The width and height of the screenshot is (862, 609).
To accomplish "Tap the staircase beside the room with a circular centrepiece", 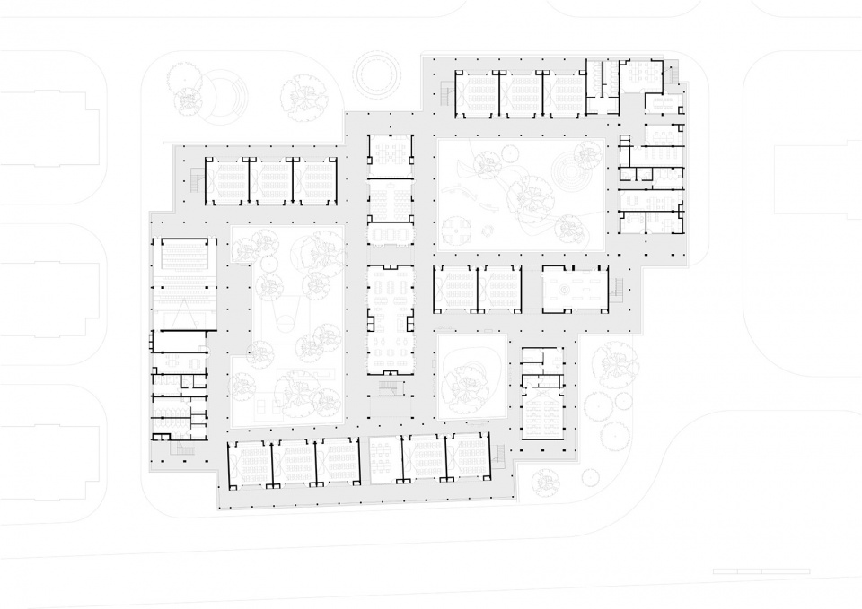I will pyautogui.click(x=617, y=289).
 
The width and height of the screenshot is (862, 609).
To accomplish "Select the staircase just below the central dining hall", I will pyautogui.click(x=389, y=387).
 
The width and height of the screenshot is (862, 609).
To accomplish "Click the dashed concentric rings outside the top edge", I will pyautogui.click(x=378, y=74).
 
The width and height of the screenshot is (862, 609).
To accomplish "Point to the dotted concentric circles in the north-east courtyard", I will pyautogui.click(x=567, y=170).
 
